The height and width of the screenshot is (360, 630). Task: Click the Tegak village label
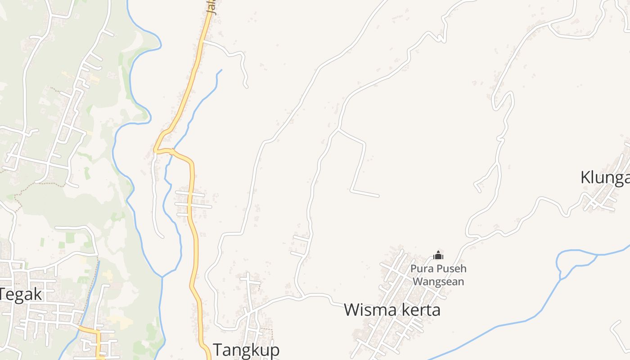pyautogui.click(x=21, y=295)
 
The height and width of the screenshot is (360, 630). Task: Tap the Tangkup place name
pyautogui.click(x=246, y=350)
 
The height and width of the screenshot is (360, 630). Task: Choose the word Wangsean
pyautogui.click(x=438, y=282)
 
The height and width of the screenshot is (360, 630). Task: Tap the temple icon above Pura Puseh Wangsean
pyautogui.click(x=438, y=256)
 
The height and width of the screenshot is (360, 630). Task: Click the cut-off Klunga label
pyautogui.click(x=605, y=178)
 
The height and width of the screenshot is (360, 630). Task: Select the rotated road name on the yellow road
pyautogui.click(x=213, y=8)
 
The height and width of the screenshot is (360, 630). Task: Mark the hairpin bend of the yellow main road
pyautogui.click(x=155, y=150)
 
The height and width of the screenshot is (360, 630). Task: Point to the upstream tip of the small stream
pyautogui.click(x=221, y=70)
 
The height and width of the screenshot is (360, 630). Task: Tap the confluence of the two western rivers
pyautogui.click(x=162, y=276)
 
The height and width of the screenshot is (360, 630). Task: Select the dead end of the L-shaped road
pyautogui.click(x=378, y=196)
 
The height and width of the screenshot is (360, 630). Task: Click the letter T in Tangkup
pyautogui.click(x=218, y=350)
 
